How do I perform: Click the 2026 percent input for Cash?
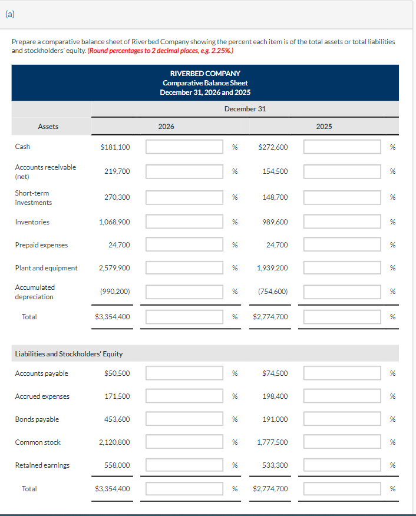point(184,147)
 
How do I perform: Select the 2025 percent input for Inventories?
point(342,222)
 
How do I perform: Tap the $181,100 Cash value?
point(115,147)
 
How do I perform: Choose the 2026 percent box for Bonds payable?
point(184,419)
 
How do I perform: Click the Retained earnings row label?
point(42,465)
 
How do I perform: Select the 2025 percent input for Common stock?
point(342,442)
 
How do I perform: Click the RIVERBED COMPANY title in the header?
point(205,74)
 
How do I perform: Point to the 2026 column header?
point(166,126)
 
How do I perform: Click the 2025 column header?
point(323,126)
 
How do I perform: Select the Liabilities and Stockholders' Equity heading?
point(68,354)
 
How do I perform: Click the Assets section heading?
point(48,126)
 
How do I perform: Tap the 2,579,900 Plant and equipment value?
point(115,268)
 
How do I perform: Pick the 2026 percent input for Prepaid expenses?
point(184,245)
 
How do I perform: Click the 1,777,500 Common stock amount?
point(273,442)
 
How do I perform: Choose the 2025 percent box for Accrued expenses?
point(342,396)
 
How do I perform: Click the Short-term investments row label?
point(34,198)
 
